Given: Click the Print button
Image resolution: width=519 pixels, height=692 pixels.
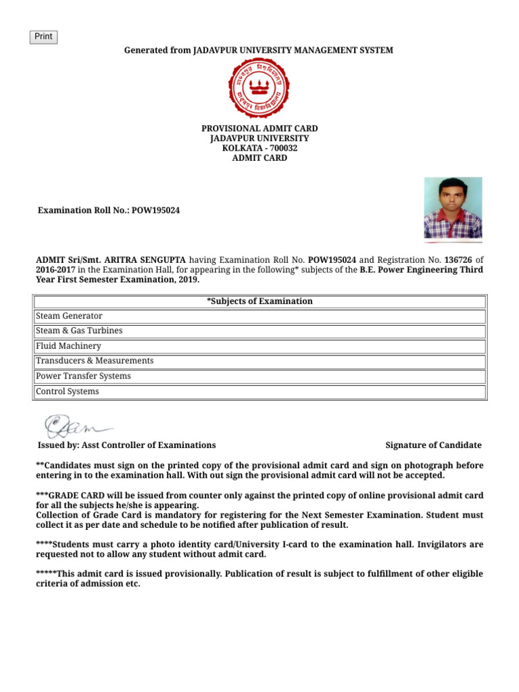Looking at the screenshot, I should (x=43, y=37).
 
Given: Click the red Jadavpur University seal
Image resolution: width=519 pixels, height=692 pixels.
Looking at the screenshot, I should (x=259, y=88).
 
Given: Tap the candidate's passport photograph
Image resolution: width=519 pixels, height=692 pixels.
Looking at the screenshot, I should (x=453, y=208).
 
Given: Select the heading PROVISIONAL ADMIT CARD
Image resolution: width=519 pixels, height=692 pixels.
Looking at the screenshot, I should (x=259, y=128).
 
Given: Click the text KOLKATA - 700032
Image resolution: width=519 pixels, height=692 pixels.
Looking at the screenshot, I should (x=259, y=148).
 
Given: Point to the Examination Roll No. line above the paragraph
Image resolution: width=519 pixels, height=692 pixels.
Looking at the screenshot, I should (x=108, y=211).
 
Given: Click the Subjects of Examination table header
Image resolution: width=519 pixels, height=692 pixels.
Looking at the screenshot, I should (x=259, y=301).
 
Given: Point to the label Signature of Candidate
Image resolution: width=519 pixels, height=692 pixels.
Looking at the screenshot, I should (x=433, y=445).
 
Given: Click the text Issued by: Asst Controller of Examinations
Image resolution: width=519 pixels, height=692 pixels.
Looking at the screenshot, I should (x=127, y=445).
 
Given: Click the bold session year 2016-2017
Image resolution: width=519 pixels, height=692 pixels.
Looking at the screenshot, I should (x=56, y=269).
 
